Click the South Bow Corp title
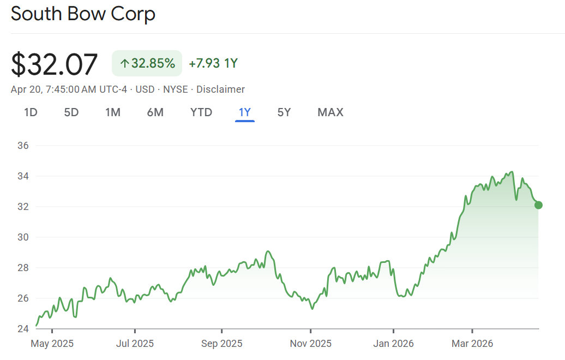tap(83, 14)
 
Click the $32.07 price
tap(55, 64)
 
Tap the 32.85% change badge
tap(147, 63)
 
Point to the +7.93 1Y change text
tap(213, 63)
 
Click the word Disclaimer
tap(220, 89)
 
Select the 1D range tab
tap(31, 112)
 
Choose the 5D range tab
tap(71, 112)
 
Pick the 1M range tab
tap(113, 112)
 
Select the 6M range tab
tap(155, 112)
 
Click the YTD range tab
tap(201, 112)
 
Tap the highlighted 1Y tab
tap(245, 112)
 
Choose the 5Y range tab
tap(284, 112)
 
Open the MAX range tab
tap(330, 112)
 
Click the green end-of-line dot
tap(539, 205)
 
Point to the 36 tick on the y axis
tap(23, 146)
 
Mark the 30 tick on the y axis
tap(23, 237)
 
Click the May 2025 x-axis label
tap(52, 344)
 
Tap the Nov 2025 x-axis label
tap(310, 344)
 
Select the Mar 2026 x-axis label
tap(472, 344)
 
